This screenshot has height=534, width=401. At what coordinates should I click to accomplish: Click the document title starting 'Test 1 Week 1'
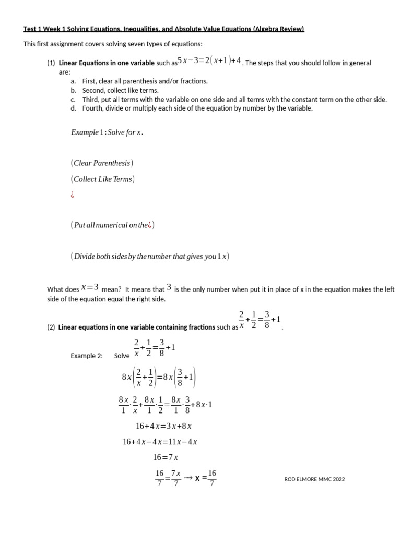click(x=163, y=29)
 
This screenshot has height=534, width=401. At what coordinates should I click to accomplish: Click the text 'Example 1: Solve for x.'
click(x=107, y=132)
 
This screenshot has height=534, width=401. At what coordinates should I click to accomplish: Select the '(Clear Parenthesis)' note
click(x=102, y=163)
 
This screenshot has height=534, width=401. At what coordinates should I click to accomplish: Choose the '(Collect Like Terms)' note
click(x=102, y=179)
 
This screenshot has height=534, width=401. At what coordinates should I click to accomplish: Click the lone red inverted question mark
click(x=73, y=196)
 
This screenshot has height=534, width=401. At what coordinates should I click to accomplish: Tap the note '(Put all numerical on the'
click(x=112, y=225)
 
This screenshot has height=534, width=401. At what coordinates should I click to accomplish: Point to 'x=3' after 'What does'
click(x=90, y=287)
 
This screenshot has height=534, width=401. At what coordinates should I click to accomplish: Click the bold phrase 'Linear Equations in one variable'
click(x=107, y=63)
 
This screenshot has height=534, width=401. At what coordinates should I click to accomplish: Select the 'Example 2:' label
click(x=87, y=356)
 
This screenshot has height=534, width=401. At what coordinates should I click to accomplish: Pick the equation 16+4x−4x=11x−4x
click(x=160, y=442)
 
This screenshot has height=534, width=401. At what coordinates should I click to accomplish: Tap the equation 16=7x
click(x=166, y=457)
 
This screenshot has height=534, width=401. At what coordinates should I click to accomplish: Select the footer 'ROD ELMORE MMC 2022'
click(x=314, y=479)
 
